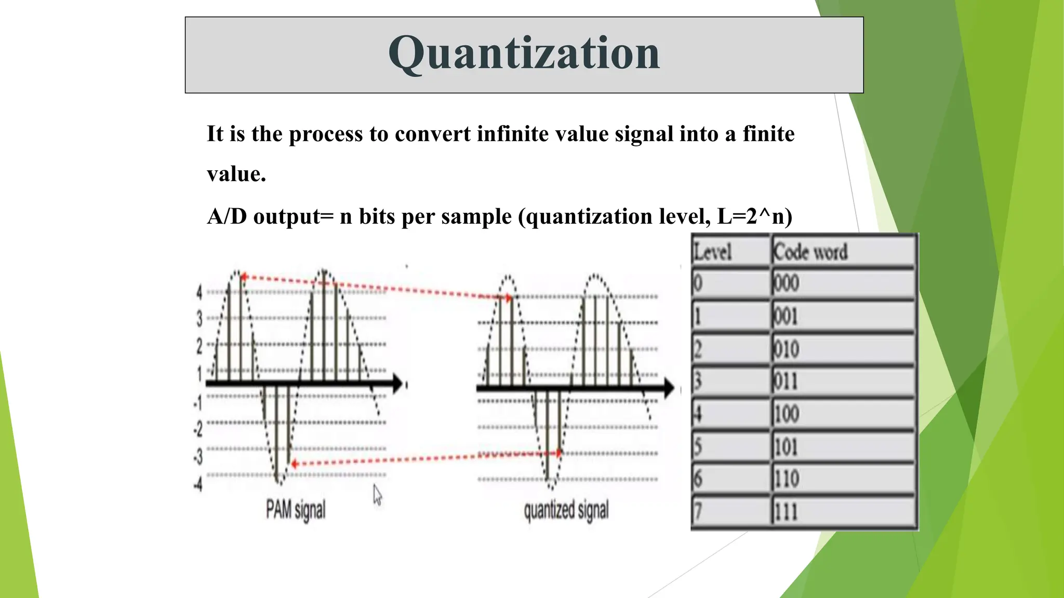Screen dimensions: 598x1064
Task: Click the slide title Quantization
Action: tap(524, 53)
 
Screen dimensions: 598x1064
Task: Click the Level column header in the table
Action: tap(713, 252)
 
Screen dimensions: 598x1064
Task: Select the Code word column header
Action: tap(810, 252)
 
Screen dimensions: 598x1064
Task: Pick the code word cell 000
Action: tap(786, 283)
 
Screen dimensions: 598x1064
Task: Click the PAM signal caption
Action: tap(296, 509)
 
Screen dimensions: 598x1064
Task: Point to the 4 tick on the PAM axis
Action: tap(199, 292)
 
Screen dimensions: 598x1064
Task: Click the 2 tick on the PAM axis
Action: tap(199, 346)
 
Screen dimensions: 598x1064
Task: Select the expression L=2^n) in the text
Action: tap(754, 216)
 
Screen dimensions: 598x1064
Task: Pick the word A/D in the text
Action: tap(227, 216)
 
